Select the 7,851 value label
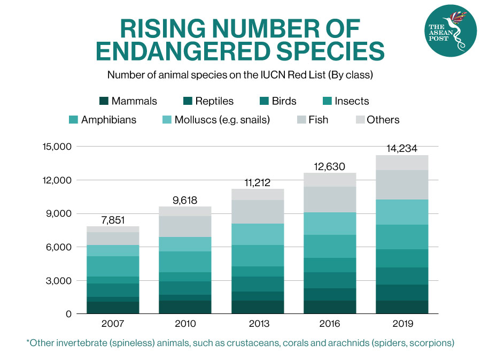tap(113, 219)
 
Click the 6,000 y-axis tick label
tap(59, 247)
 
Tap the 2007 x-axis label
tap(112, 324)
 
